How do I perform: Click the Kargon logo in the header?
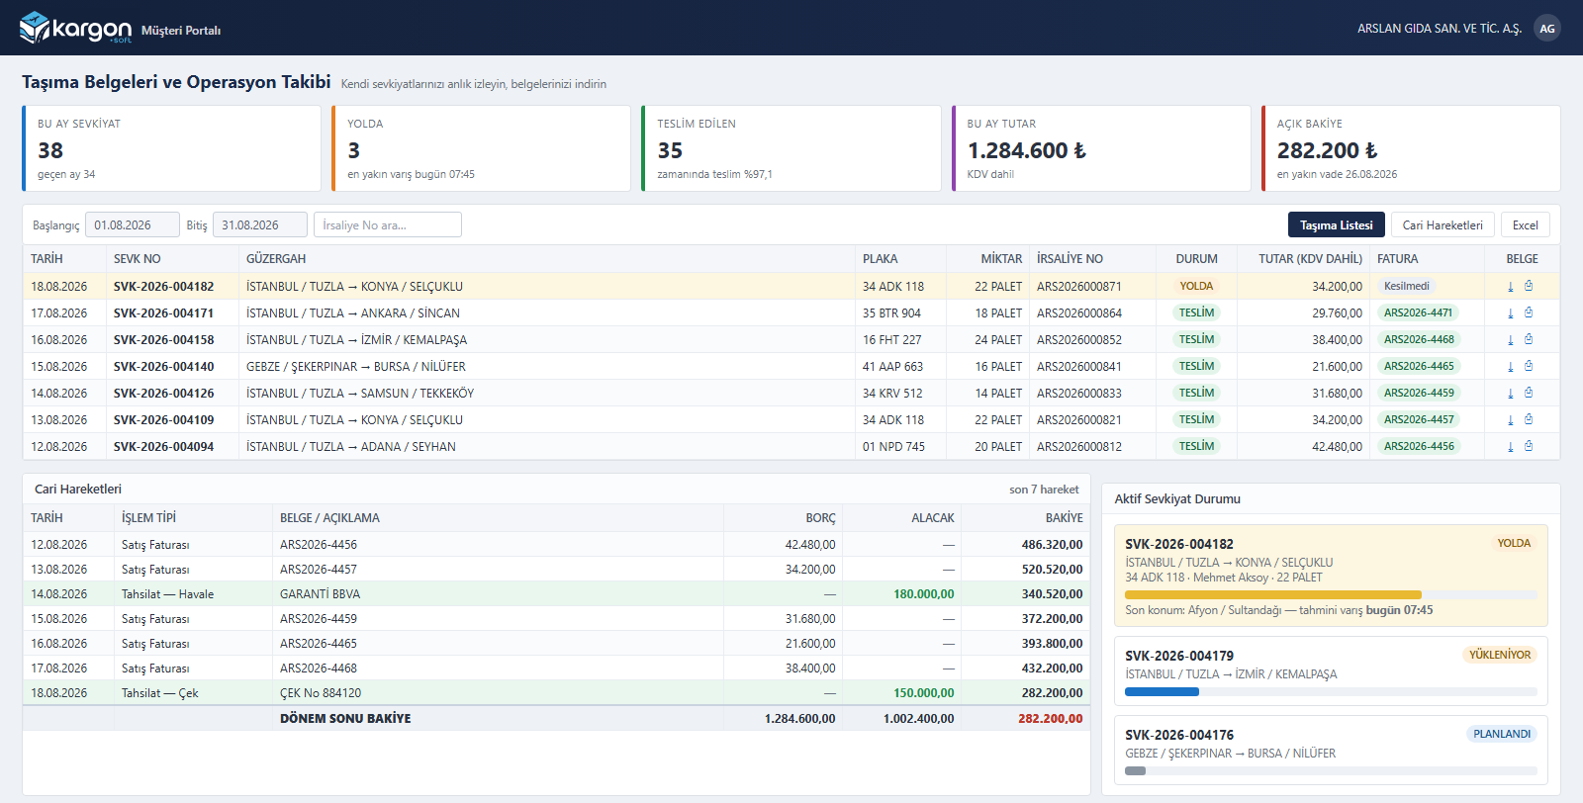click(x=75, y=29)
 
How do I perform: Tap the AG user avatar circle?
click(x=1547, y=29)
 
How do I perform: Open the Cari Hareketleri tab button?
click(x=1443, y=224)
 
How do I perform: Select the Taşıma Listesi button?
click(x=1337, y=224)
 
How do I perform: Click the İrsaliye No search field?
click(x=387, y=224)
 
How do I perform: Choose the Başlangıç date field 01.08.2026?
click(x=133, y=224)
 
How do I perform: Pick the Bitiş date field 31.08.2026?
click(x=260, y=224)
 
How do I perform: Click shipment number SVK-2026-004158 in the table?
click(x=163, y=340)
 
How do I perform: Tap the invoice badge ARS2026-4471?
click(x=1418, y=312)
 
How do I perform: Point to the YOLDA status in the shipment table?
click(x=1196, y=286)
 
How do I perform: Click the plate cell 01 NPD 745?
click(x=893, y=446)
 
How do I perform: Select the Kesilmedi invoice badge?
click(x=1406, y=286)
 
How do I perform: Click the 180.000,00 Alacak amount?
click(x=923, y=594)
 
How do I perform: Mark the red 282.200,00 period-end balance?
click(x=1050, y=718)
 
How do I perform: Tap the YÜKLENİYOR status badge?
click(x=1500, y=655)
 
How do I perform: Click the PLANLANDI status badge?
click(x=1502, y=734)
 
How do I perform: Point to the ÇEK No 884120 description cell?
click(x=321, y=693)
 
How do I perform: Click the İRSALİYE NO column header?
click(x=1070, y=258)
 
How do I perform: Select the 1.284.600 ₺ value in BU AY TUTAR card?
click(x=1026, y=150)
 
